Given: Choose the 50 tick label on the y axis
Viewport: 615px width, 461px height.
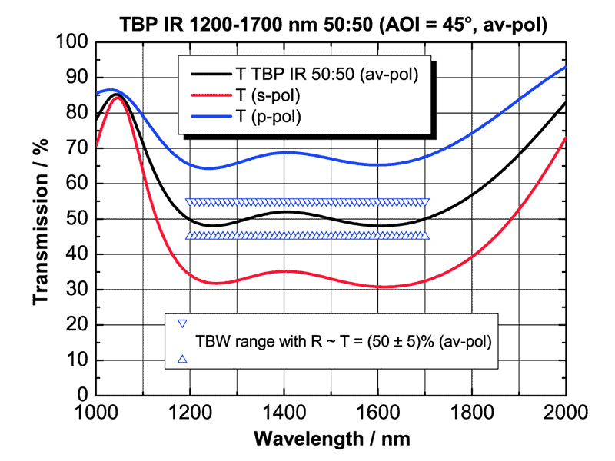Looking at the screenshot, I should pos(81,220).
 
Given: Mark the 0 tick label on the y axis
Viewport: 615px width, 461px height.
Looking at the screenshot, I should pos(87,396).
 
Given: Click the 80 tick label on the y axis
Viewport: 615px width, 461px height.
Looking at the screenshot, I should pos(81,114).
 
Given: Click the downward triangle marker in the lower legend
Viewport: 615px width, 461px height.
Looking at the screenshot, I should pos(182,323).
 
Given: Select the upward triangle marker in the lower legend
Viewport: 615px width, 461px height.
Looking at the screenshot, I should pos(182,358).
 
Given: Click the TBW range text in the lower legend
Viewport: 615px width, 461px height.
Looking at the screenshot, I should pos(344,340).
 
